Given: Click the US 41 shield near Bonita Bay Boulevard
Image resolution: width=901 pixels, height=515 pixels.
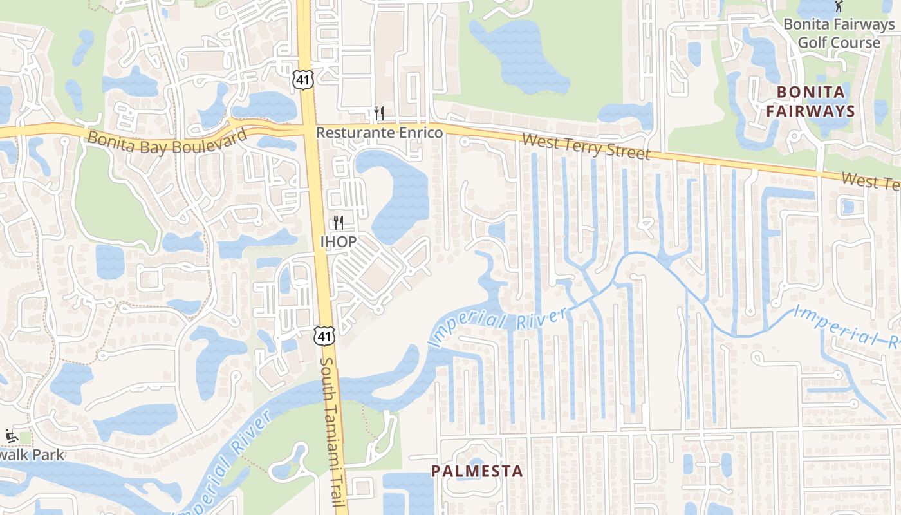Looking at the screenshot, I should coord(302,79).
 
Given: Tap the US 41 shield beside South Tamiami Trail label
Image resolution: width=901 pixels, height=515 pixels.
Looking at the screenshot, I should coord(324,335).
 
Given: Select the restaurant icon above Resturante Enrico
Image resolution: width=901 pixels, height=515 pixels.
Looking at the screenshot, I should coord(379,114).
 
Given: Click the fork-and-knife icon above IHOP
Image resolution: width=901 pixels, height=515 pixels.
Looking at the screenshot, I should coord(338,223).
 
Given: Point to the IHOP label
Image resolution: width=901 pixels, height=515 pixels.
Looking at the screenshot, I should coord(338,242).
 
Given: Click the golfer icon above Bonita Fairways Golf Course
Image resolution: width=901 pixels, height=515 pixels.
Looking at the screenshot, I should coord(839,7).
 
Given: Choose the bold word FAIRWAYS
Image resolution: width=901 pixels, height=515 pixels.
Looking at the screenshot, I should coord(815,111).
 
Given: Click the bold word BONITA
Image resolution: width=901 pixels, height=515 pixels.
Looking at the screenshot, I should coord(810,92).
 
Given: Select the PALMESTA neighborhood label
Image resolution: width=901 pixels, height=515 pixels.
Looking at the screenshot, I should coord(477,471).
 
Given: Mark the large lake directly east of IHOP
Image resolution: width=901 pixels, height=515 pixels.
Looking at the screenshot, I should coord(399,193).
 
